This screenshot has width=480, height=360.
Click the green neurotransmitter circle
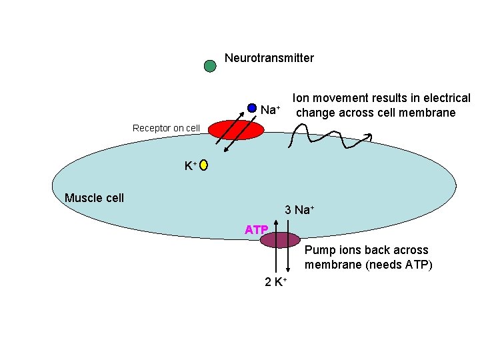(210, 65)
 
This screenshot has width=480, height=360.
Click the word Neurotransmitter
(269, 58)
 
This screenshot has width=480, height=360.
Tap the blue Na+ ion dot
(252, 108)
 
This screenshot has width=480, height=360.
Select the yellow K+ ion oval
(203, 165)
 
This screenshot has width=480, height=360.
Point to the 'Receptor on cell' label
(166, 128)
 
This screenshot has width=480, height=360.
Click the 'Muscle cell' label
(94, 198)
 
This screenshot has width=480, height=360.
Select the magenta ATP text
(256, 230)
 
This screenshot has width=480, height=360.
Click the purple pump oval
(280, 239)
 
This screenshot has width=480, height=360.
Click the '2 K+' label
(275, 282)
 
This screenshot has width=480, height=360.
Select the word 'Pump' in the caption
(319, 251)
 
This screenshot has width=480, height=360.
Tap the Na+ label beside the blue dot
(270, 109)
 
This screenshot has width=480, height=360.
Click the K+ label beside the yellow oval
(190, 165)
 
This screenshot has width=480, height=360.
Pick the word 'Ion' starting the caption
(301, 98)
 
